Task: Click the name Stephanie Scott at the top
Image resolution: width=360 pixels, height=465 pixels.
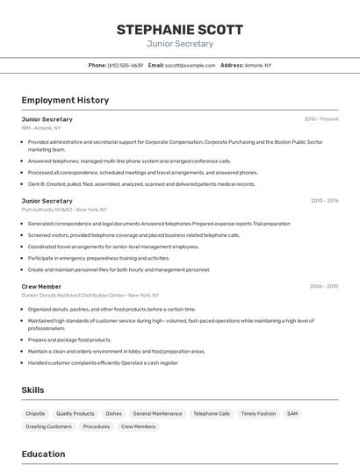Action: [180, 29]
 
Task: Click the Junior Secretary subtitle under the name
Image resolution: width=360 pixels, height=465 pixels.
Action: [180, 44]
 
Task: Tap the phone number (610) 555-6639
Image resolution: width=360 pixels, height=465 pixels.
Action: [125, 65]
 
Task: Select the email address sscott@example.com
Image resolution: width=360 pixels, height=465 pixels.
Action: [190, 65]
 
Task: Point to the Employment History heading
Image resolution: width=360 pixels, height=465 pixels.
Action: [65, 100]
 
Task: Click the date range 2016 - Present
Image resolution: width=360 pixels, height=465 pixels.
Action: [321, 118]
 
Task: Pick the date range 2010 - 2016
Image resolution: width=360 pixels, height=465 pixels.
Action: [324, 200]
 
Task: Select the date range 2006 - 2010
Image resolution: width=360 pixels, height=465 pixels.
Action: [324, 286]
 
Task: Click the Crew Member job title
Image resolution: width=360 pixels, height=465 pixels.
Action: [41, 286]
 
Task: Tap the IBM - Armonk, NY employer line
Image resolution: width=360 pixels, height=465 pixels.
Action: [41, 128]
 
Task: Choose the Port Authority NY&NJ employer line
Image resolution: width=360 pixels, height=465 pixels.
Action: [64, 210]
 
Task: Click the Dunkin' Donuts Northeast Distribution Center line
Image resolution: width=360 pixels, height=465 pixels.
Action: [90, 296]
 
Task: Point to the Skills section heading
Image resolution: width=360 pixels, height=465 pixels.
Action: [32, 390]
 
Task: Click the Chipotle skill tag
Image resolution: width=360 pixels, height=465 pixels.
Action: [35, 413]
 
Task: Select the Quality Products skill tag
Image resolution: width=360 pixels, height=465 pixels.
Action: [75, 413]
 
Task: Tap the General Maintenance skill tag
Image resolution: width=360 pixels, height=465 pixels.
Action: [157, 413]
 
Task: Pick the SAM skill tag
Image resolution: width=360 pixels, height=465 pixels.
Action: [292, 413]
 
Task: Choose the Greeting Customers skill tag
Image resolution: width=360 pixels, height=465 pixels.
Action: [48, 426]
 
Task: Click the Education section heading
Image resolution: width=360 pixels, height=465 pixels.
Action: [43, 454]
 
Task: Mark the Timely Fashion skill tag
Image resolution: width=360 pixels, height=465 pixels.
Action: [258, 413]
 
